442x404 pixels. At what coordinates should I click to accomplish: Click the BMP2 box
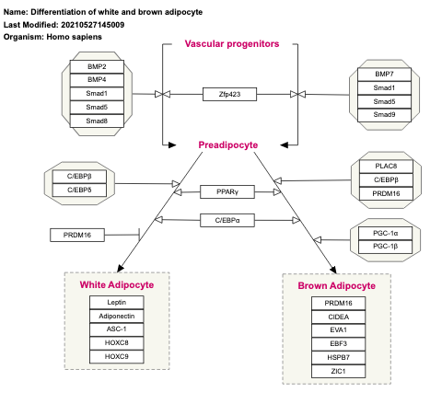point(97,67)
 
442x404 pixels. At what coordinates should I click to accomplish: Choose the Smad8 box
point(97,121)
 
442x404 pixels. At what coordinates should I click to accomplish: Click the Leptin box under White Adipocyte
point(116,303)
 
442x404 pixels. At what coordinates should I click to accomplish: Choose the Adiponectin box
point(116,316)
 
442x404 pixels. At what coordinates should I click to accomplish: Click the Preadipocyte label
point(228,144)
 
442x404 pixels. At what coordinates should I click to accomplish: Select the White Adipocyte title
point(117,285)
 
